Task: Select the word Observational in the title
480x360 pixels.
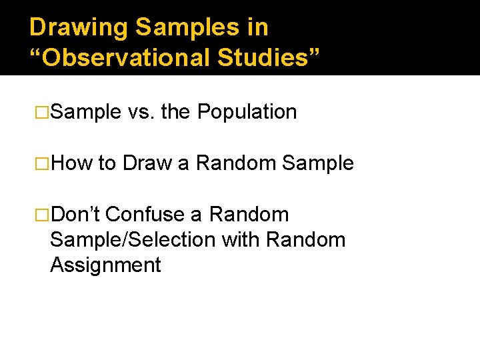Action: (126, 57)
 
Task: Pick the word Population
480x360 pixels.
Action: (247, 112)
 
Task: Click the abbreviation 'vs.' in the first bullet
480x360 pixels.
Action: (141, 112)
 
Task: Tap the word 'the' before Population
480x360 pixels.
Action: (175, 112)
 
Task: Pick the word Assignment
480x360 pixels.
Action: (105, 265)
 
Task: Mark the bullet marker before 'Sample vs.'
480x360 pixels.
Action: (42, 112)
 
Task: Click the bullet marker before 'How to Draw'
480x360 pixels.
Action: (42, 163)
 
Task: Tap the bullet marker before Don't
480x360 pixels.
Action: (42, 215)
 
